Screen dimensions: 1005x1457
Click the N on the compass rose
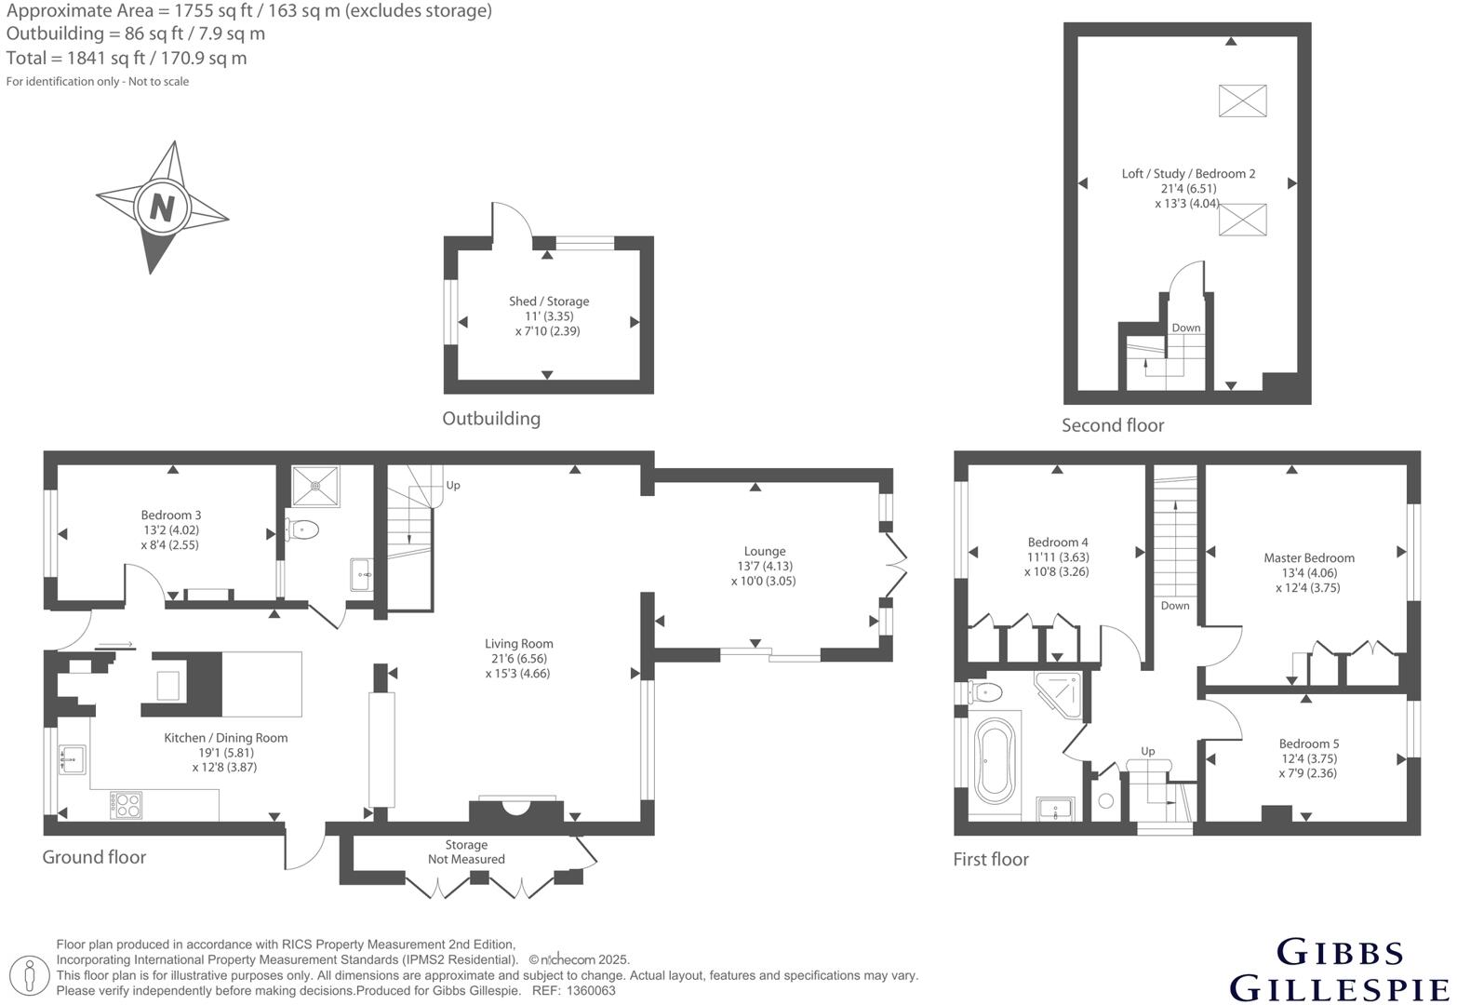click(x=162, y=207)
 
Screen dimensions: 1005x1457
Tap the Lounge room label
click(x=764, y=551)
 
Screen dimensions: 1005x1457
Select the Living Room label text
click(x=518, y=643)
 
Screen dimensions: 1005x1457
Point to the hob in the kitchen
click(x=126, y=804)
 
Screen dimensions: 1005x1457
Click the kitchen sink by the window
click(x=72, y=759)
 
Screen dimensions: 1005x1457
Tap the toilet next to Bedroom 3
click(x=303, y=529)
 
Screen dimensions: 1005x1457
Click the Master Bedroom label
click(x=1308, y=557)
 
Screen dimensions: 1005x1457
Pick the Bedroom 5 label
click(x=1308, y=744)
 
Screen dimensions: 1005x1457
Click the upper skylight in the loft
click(x=1242, y=100)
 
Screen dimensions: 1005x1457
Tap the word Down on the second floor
click(x=1185, y=328)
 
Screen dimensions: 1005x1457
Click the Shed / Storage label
click(x=548, y=301)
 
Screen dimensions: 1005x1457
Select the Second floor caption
click(x=1113, y=425)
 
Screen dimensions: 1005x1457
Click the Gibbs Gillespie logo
click(x=1339, y=970)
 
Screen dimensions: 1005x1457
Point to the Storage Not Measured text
click(x=466, y=851)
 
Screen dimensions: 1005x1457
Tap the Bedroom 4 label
click(x=1057, y=542)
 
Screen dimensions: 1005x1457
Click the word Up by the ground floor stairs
click(x=453, y=485)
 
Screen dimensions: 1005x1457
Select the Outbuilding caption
click(x=491, y=419)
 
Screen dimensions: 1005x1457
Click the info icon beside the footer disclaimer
click(x=30, y=976)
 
